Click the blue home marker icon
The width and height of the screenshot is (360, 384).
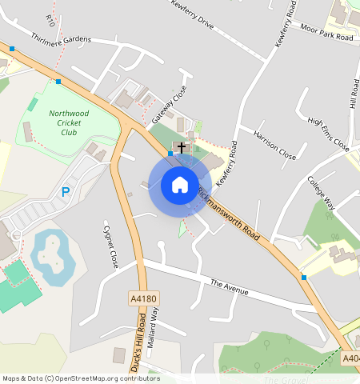[x=180, y=185]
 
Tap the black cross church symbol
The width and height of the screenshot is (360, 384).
[x=182, y=148]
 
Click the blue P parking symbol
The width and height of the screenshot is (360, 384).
[x=66, y=192]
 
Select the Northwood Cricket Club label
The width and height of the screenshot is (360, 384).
[x=69, y=123]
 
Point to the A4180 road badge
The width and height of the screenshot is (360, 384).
[x=144, y=298]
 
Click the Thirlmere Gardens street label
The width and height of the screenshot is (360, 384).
[x=61, y=38]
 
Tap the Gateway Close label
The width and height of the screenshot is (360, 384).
[x=169, y=104]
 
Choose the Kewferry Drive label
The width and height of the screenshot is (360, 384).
[x=192, y=14]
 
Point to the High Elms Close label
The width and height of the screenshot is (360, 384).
[x=329, y=134]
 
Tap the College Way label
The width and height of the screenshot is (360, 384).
[x=321, y=197]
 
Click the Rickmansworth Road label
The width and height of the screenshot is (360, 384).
[x=230, y=216]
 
